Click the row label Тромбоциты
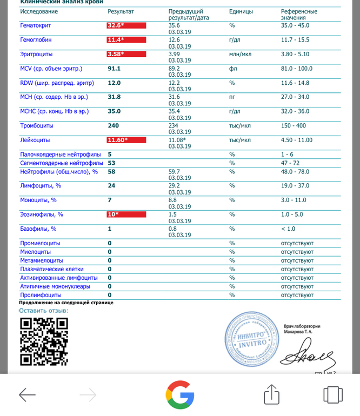tap(35, 126)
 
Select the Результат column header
tap(121, 11)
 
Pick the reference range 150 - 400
tap(294, 126)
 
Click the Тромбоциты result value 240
tap(114, 126)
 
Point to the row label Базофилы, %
tap(38, 229)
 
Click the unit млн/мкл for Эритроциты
tap(241, 54)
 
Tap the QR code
tap(44, 341)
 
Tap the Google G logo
tap(180, 395)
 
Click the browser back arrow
tap(27, 395)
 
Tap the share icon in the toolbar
tap(271, 394)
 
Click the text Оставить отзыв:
tap(44, 311)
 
